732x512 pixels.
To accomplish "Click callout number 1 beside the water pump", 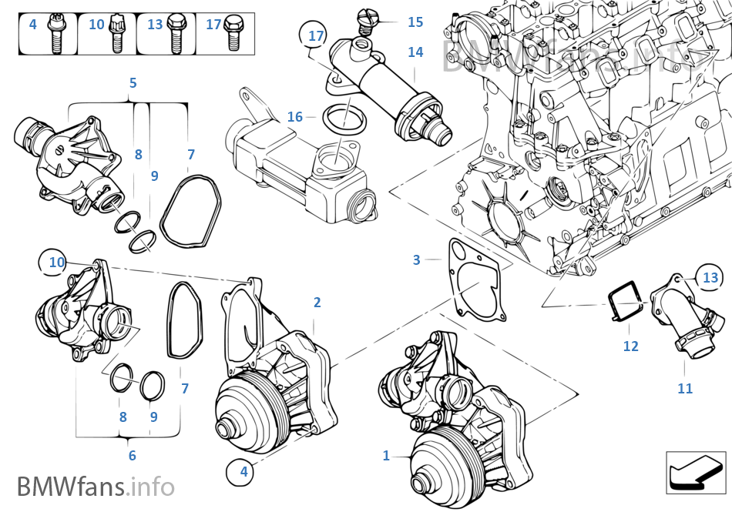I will [386, 456].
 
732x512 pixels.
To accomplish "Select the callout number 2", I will [317, 303].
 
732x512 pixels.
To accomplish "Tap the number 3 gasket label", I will [417, 260].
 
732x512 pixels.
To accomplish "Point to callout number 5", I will [133, 82].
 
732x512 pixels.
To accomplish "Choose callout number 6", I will [132, 456].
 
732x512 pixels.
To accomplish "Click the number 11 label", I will [685, 389].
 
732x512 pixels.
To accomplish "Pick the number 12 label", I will [630, 346].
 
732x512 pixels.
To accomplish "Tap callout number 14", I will [415, 52].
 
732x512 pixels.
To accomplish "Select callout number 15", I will [415, 22].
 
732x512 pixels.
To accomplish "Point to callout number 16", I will [295, 117].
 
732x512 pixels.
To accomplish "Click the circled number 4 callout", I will [243, 471].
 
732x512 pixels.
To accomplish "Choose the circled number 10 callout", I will [57, 263].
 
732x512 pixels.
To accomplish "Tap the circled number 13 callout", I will [710, 277].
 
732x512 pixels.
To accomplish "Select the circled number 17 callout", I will [316, 36].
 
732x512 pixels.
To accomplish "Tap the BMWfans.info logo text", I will [96, 487].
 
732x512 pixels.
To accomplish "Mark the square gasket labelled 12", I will [625, 303].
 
